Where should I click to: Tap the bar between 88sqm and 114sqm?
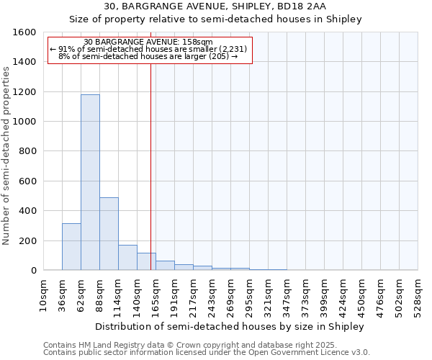click(109, 233)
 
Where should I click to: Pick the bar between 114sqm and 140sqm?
click(127, 257)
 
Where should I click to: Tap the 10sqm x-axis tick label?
click(43, 294)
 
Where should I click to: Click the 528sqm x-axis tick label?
click(418, 294)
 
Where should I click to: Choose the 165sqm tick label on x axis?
click(156, 294)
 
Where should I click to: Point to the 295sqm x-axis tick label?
click(249, 294)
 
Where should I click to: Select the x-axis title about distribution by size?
click(230, 326)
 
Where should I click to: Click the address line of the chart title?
click(215, 6)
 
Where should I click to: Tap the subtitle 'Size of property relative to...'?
click(215, 19)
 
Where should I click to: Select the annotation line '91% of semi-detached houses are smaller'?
click(149, 49)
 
